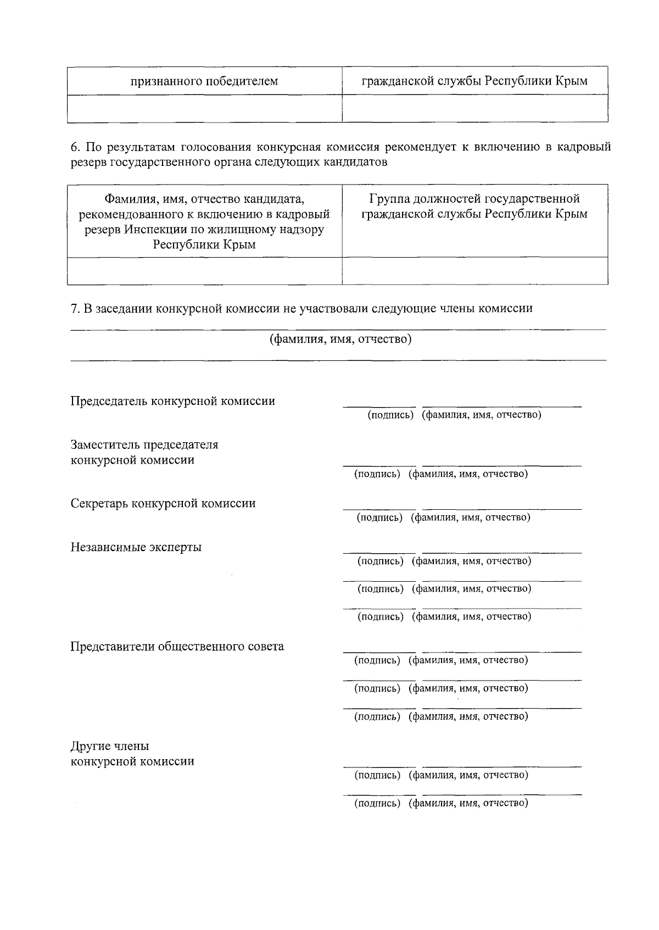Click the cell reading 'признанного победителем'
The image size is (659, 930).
204,81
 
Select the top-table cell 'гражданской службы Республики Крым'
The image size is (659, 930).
474,81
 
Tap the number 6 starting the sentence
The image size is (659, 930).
75,147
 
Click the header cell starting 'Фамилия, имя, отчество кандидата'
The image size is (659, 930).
204,221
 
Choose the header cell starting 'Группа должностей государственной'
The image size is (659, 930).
474,206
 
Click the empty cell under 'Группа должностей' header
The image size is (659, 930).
474,271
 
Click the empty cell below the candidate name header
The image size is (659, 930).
204,271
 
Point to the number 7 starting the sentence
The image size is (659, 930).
75,308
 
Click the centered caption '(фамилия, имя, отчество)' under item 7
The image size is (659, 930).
340,339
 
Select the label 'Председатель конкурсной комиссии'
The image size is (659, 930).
172,401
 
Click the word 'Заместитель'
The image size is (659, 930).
102,444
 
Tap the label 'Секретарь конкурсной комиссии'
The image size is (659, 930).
163,503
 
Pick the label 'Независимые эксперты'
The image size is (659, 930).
136,547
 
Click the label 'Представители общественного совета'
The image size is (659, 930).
177,647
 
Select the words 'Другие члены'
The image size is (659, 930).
110,746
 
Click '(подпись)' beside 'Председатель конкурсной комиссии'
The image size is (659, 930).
390,415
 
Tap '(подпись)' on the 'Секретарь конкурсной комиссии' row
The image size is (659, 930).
379,517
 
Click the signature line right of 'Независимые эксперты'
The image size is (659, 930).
379,552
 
